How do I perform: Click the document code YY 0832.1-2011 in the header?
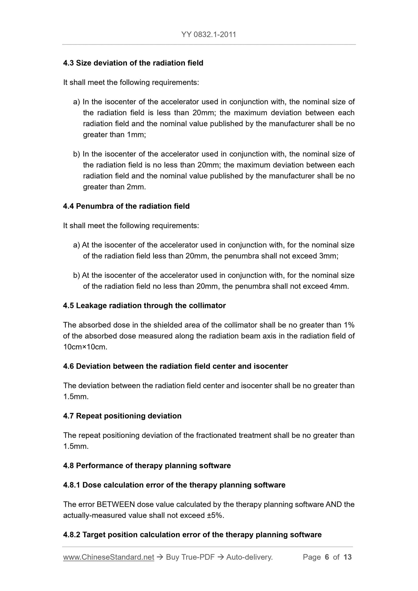coord(209,35)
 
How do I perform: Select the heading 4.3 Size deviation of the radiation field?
coord(133,63)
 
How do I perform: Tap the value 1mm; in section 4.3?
coord(136,135)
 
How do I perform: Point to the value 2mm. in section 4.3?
coord(136,187)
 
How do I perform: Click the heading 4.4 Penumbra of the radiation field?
coord(126,206)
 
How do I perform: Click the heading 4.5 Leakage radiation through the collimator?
coord(144,306)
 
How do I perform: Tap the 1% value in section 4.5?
coord(349,325)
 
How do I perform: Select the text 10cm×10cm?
coord(85,347)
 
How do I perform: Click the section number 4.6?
coord(69,366)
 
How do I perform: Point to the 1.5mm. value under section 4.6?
coord(76,397)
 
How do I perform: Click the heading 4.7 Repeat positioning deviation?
coord(122,416)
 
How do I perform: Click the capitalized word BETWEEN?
coord(116,505)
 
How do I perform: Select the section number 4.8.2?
coord(71,535)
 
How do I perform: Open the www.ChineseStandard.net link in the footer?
coord(108,557)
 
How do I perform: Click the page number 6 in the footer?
coord(327,557)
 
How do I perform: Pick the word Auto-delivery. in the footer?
coord(249,557)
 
